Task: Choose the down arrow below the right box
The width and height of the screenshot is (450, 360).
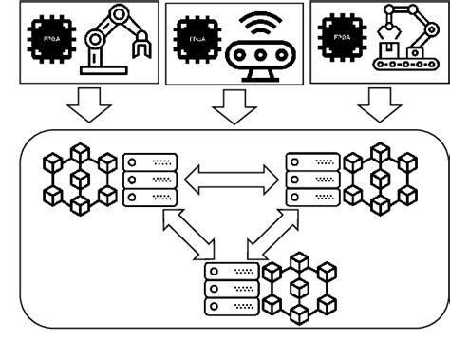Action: click(x=383, y=107)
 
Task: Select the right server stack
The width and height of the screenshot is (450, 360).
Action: click(x=312, y=180)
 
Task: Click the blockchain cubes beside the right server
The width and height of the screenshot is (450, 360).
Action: click(x=379, y=177)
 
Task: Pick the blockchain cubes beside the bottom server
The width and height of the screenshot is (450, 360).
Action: click(x=300, y=284)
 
